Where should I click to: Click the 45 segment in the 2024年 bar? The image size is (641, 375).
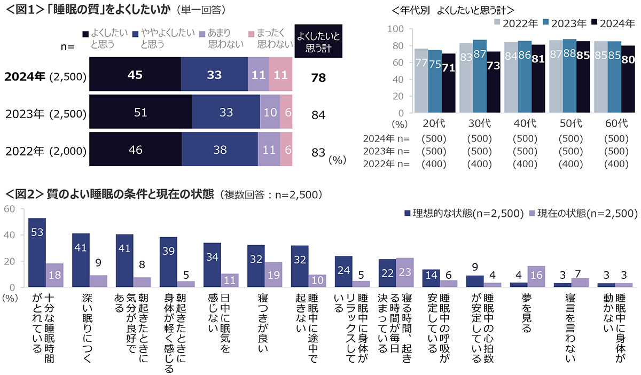pos(135,76)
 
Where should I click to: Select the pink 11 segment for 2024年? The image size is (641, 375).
pos(280,76)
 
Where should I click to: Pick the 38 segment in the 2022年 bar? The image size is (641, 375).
pos(220,150)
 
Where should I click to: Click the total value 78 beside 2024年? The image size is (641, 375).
pos(318,78)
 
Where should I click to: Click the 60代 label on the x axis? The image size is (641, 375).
pos(616,123)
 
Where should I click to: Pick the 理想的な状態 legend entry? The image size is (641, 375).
pos(467,214)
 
